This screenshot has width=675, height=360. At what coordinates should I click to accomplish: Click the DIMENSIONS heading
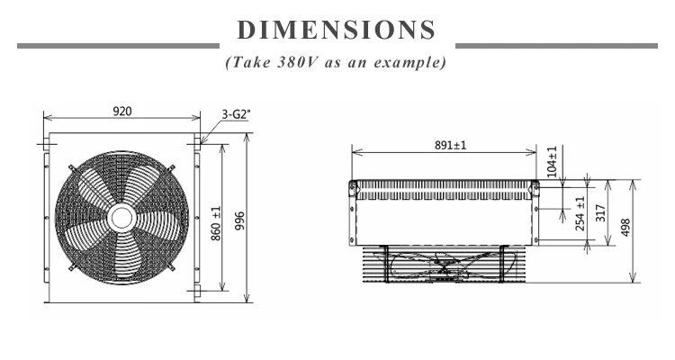337,30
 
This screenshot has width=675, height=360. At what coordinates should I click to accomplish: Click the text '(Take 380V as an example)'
336,62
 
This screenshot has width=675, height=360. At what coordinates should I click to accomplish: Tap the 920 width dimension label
122,111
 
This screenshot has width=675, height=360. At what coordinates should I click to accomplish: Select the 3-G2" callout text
236,114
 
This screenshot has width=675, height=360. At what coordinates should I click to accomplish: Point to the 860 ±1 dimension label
217,223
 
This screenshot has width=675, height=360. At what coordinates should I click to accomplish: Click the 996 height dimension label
239,220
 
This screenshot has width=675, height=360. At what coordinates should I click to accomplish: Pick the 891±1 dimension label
450,145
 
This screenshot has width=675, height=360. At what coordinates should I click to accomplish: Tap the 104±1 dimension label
552,161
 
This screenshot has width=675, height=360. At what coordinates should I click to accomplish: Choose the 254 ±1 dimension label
580,213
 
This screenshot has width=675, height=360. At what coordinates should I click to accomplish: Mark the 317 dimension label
600,213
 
